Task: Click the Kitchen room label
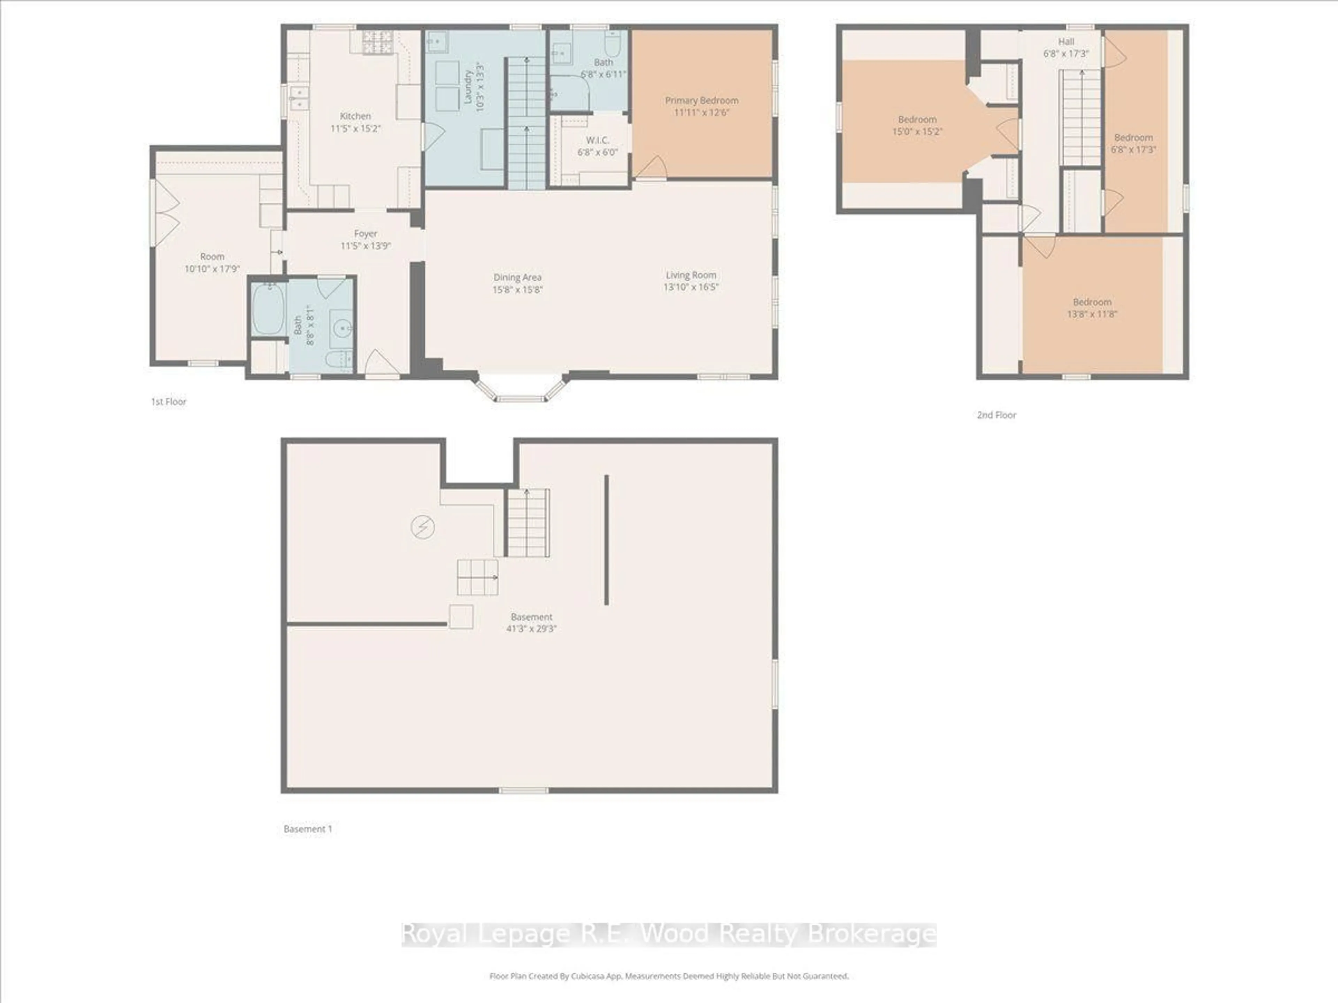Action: coord(355,116)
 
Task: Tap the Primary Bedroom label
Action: coord(702,100)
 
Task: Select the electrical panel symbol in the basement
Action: coord(423,527)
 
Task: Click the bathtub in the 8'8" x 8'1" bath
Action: coord(268,309)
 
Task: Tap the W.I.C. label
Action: coord(597,140)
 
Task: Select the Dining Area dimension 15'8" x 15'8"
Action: coord(517,290)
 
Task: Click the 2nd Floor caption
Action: coord(996,415)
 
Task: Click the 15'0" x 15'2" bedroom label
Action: coord(917,120)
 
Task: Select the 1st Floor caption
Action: coord(169,402)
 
